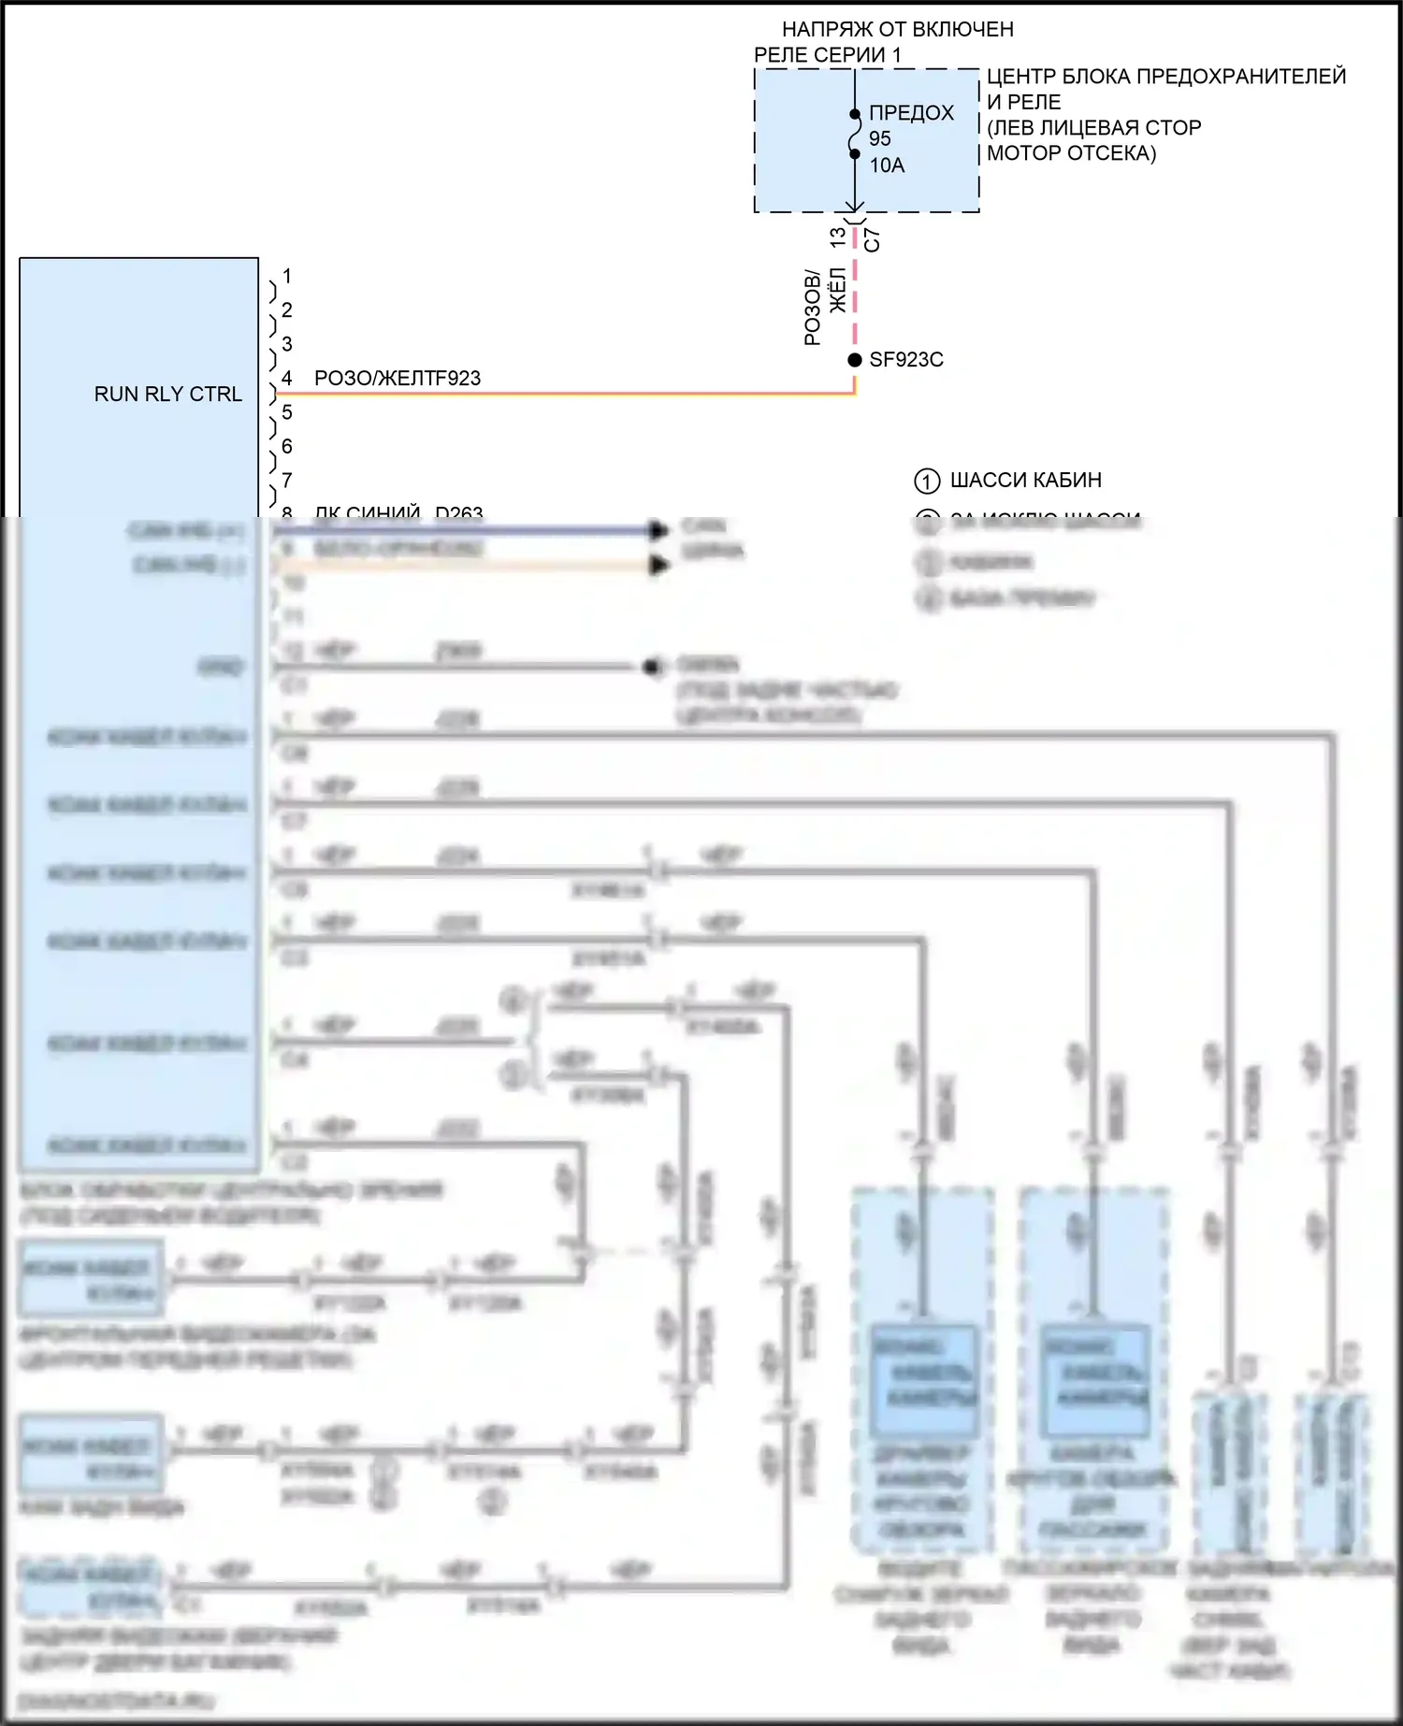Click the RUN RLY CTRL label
pos(167,395)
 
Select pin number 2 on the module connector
pos(287,310)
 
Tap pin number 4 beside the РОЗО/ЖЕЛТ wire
pos(287,379)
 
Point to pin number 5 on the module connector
pos(287,412)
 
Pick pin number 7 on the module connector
pos(287,481)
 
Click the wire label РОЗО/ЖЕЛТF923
pos(398,379)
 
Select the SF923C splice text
pos(906,360)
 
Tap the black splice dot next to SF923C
pos(855,360)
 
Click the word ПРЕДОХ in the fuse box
pos(911,113)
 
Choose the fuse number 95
pos(880,139)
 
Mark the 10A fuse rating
pos(887,165)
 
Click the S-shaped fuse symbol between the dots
pos(854,135)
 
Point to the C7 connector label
pos(872,240)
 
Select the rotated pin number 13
pos(838,237)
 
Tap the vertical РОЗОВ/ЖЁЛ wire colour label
pos(825,307)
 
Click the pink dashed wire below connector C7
pos(855,290)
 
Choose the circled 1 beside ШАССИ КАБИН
pos(926,482)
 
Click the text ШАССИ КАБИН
pos(1025,481)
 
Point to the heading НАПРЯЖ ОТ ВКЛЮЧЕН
pos(897,30)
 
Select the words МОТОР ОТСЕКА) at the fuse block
pos(1071,153)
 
